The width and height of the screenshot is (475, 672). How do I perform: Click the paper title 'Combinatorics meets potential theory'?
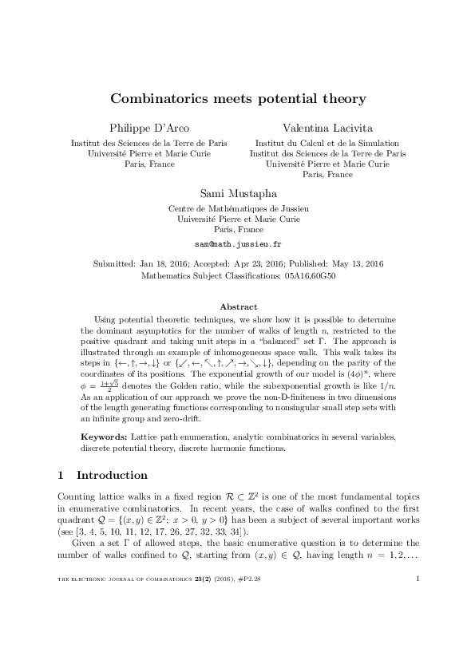click(237, 99)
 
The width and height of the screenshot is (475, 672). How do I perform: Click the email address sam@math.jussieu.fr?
click(238, 241)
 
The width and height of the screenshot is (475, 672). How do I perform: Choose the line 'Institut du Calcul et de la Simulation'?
click(327, 143)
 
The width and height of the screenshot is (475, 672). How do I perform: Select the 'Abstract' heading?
click(238, 306)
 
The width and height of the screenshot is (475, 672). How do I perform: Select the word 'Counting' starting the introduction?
click(76, 497)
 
